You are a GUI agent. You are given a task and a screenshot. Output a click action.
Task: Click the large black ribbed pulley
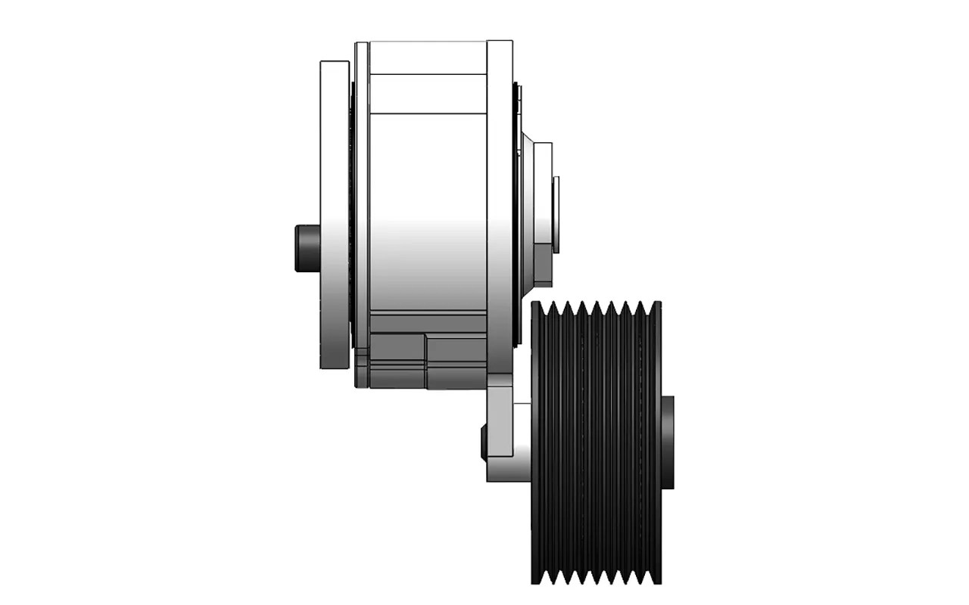596,442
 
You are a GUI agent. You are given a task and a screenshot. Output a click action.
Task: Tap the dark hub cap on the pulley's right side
668,442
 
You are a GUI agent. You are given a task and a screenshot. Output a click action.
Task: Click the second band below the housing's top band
428,94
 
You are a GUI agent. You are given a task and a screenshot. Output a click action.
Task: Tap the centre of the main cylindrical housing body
428,212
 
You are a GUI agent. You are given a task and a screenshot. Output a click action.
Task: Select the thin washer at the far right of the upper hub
556,213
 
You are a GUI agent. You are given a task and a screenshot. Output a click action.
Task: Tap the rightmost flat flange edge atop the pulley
656,304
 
